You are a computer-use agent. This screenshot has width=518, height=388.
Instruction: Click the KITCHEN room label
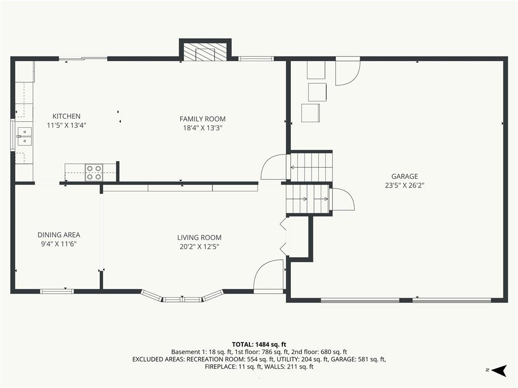(x=66, y=116)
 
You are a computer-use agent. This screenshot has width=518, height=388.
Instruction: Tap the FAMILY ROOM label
(x=202, y=119)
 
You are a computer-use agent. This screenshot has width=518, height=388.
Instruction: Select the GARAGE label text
(x=405, y=176)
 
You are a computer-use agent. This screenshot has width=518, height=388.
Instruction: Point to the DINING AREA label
(x=59, y=235)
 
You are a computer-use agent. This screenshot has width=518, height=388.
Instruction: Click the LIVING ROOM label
(x=199, y=237)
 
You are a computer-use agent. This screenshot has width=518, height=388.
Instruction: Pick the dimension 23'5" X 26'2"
(x=405, y=185)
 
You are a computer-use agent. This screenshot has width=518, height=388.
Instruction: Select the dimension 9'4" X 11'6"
(x=59, y=244)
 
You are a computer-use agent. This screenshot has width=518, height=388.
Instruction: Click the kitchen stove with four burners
(x=94, y=173)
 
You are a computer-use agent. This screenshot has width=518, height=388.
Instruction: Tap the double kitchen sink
(x=25, y=136)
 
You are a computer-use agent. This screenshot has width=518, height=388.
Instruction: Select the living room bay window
(x=182, y=297)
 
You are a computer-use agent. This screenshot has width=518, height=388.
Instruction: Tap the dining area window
(x=57, y=291)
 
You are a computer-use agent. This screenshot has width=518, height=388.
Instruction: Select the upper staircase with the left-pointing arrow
(x=311, y=167)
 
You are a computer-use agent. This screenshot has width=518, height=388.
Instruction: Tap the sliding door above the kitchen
(x=83, y=59)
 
